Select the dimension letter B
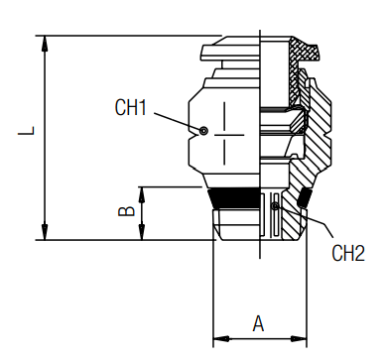[x=126, y=210]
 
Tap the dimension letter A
[x=258, y=322]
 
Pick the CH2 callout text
[x=347, y=253]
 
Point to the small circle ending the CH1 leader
[x=202, y=130]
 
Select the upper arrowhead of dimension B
[x=146, y=191]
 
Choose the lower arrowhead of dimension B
[x=146, y=233]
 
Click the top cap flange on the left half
[x=228, y=50]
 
